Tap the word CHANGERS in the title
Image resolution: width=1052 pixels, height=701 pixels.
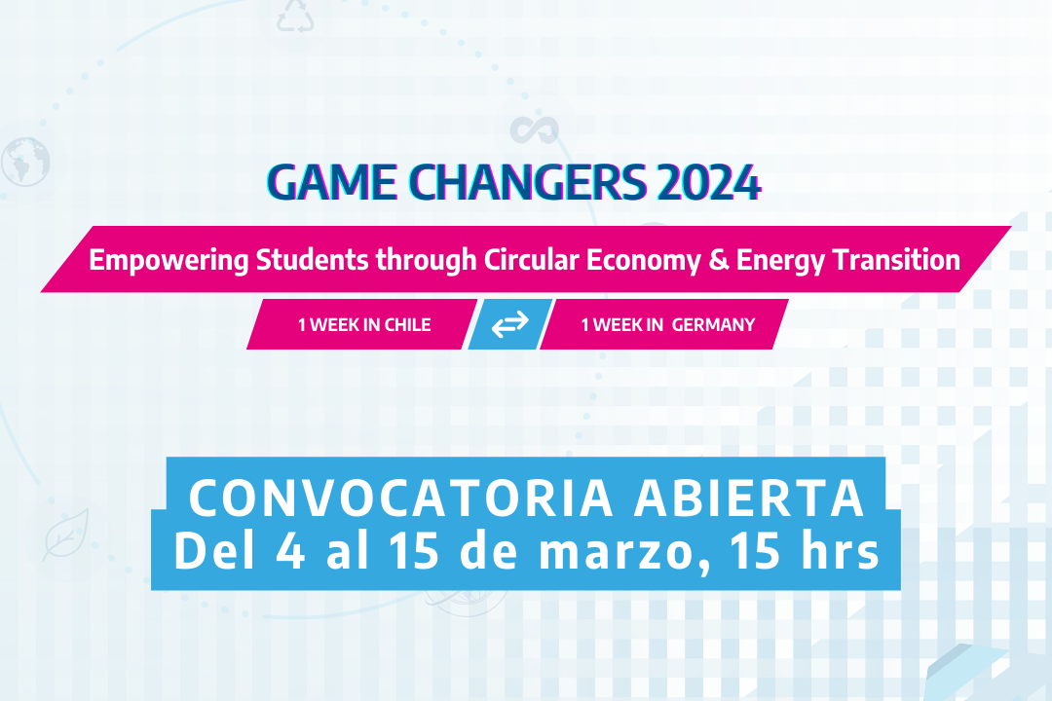click(528, 182)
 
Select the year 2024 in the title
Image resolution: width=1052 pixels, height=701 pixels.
click(709, 182)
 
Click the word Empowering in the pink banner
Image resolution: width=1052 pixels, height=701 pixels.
click(169, 261)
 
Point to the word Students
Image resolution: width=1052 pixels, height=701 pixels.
click(312, 260)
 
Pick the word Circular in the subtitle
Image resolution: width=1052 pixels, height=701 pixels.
click(532, 260)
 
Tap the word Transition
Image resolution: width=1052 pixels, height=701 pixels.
click(896, 260)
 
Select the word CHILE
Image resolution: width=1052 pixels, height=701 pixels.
click(408, 324)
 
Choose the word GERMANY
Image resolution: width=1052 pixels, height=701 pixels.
click(714, 324)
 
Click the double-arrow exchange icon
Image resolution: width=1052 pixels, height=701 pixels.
click(509, 324)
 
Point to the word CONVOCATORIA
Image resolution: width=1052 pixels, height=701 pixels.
click(401, 498)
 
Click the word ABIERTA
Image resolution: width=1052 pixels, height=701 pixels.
click(749, 498)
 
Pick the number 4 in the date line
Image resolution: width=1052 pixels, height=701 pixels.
click(290, 551)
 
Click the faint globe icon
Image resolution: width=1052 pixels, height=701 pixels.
click(25, 162)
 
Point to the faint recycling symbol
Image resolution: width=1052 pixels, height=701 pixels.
click(295, 17)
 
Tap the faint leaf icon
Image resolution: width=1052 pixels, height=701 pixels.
click(66, 534)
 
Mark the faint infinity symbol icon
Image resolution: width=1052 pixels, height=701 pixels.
click(534, 130)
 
